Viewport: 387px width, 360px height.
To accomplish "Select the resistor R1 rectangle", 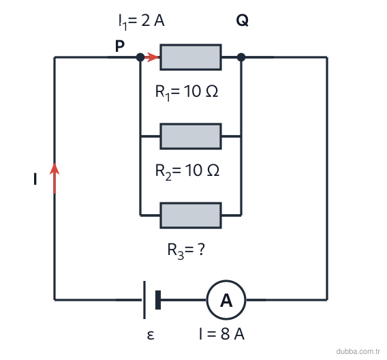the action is coord(191,57).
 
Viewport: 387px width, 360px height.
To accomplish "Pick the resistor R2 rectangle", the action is coord(191,136).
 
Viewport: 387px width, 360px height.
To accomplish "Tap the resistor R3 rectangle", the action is coord(191,215).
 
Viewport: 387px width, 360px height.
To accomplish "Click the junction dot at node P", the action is coord(140,57).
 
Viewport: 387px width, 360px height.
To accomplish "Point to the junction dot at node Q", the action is coord(241,57).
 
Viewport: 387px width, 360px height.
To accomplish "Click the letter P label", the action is coord(120,46).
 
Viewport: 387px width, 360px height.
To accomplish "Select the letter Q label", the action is coord(242,20).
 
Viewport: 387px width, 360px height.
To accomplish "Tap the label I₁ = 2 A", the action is coord(142,22).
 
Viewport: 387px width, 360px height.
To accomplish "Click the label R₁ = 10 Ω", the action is coord(187,92).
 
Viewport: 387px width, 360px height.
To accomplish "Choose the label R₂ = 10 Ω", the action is coord(187,171).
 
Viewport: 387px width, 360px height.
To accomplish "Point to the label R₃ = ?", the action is coord(186,250).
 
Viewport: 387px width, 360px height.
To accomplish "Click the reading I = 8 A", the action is coord(222,334).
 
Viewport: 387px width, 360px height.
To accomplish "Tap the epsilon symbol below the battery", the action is coord(151,335).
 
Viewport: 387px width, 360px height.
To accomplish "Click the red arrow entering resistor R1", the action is coord(151,57).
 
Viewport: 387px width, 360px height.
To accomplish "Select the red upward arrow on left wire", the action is coord(55,178).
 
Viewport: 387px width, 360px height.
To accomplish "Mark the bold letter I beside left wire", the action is coord(35,179).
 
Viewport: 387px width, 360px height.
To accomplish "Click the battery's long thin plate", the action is coord(144,300).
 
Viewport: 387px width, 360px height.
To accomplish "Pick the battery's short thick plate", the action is coord(158,300).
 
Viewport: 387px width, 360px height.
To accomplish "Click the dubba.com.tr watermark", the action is coord(358,351).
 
